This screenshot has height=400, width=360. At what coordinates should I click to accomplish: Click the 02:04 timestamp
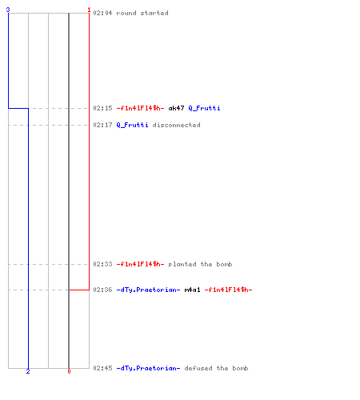pyautogui.click(x=102, y=13)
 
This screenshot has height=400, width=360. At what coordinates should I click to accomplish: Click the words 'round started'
pyautogui.click(x=142, y=13)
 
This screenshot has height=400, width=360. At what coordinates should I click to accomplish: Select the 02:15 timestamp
pyautogui.click(x=102, y=108)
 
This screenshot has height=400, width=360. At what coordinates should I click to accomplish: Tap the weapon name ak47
pyautogui.click(x=176, y=108)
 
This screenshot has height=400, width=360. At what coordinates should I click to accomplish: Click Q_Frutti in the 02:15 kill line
pyautogui.click(x=204, y=108)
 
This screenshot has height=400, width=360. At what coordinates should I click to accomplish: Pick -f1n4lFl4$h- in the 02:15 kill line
pyautogui.click(x=140, y=108)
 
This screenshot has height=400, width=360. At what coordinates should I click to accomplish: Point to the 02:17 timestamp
pyautogui.click(x=102, y=125)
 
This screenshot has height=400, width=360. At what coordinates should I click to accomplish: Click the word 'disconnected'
pyautogui.click(x=176, y=125)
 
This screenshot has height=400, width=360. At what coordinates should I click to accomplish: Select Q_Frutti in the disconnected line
pyautogui.click(x=132, y=125)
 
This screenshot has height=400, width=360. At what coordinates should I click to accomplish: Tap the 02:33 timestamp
pyautogui.click(x=102, y=264)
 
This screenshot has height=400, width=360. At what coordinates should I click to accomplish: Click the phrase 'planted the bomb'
pyautogui.click(x=200, y=264)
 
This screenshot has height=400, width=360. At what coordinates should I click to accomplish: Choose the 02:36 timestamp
pyautogui.click(x=102, y=290)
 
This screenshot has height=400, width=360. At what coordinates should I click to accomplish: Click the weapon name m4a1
pyautogui.click(x=192, y=290)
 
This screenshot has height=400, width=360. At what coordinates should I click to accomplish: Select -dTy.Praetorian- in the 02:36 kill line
pyautogui.click(x=148, y=290)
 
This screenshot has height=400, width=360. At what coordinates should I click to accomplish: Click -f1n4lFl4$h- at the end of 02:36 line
pyautogui.click(x=228, y=290)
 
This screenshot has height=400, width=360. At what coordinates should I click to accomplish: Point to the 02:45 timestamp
pyautogui.click(x=102, y=368)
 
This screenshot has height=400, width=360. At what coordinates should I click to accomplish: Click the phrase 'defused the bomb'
pyautogui.click(x=216, y=368)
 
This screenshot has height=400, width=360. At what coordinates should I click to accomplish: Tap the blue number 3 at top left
pyautogui.click(x=8, y=10)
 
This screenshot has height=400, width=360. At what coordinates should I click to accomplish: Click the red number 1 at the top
pyautogui.click(x=89, y=10)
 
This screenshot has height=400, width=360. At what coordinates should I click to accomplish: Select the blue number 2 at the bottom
pyautogui.click(x=28, y=371)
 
